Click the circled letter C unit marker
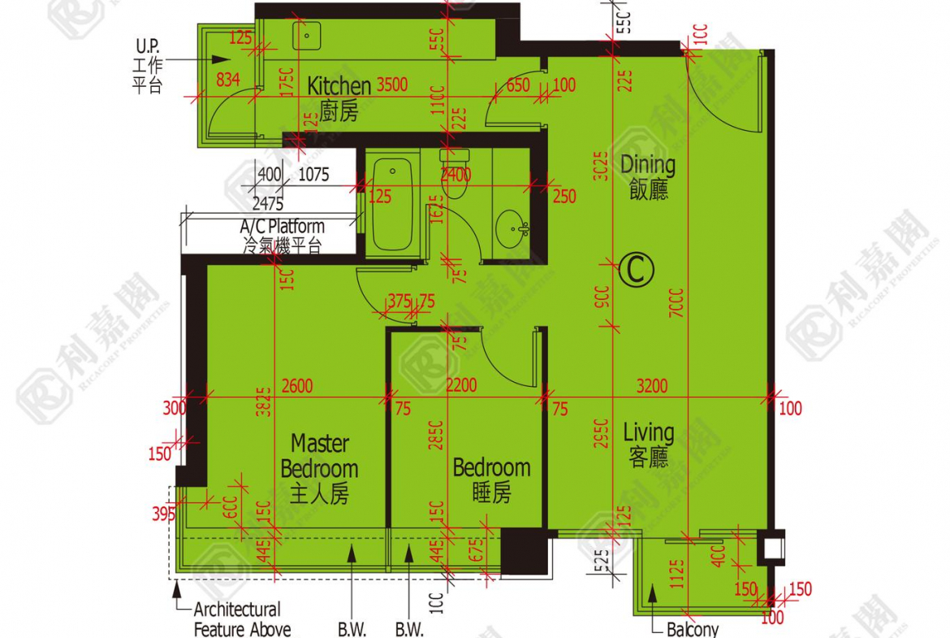636,270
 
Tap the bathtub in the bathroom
392,205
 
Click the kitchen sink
308,35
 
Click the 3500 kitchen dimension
391,85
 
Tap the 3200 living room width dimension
653,386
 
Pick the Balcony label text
692,629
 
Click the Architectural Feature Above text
241,618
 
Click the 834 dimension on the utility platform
228,80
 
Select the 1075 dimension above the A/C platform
313,174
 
